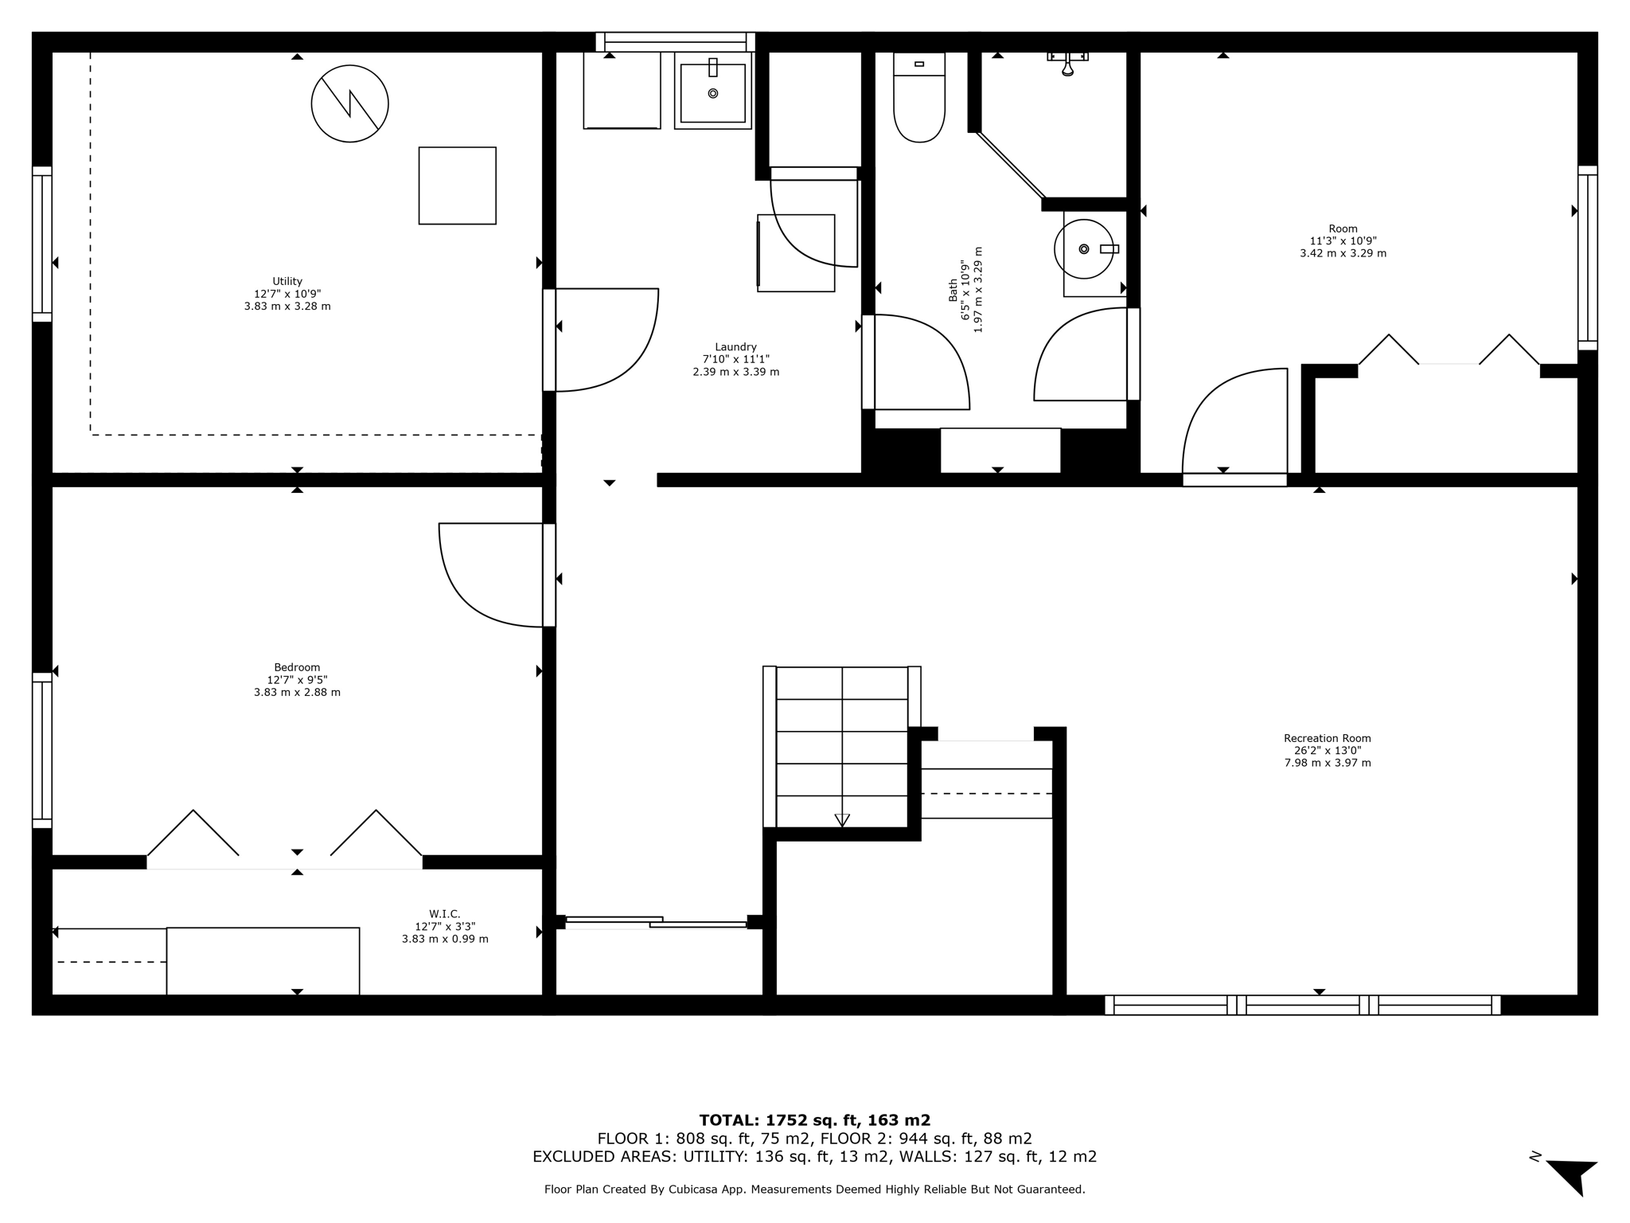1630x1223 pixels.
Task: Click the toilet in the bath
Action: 919,100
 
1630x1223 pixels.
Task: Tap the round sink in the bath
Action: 1083,249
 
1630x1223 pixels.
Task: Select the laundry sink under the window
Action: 712,92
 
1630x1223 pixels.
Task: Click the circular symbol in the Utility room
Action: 349,104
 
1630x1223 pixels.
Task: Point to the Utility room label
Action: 287,293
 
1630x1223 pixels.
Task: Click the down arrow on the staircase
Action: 842,819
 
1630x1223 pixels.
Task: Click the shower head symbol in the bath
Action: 1068,64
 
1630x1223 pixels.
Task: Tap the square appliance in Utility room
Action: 457,186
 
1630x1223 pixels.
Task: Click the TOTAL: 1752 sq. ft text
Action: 814,1120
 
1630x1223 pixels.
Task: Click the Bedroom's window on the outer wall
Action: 42,750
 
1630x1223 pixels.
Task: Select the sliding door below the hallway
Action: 656,922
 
